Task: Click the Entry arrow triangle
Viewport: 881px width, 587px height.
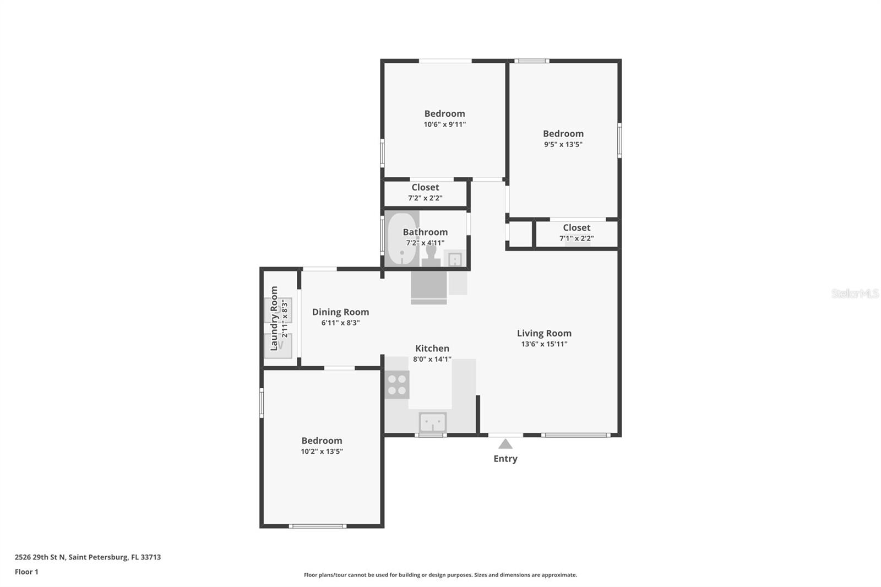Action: pos(505,444)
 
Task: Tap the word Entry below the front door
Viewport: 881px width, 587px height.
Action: pos(505,459)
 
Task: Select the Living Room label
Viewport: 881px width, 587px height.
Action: pos(544,333)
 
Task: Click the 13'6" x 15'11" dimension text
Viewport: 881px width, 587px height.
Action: pos(544,344)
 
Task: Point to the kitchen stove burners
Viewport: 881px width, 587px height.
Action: pos(397,385)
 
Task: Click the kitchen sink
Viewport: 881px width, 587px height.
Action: pos(433,422)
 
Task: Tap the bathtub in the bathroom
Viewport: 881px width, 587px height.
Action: pos(401,239)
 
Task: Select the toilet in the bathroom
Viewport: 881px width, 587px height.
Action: pos(431,256)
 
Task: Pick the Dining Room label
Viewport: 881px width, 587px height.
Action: pos(341,312)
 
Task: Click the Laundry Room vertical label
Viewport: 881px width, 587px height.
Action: pos(274,318)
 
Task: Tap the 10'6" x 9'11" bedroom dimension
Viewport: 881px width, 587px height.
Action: pos(444,124)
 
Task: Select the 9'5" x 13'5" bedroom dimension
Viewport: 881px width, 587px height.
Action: pos(563,144)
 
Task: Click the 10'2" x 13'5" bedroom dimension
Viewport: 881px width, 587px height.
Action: pos(322,452)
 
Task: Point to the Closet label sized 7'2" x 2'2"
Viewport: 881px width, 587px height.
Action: pos(425,187)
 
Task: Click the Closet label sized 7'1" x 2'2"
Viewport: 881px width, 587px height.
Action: pos(577,227)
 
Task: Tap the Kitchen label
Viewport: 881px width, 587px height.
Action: pos(432,348)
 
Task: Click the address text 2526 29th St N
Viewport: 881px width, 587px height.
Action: pos(40,557)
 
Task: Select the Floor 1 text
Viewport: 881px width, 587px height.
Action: pos(26,572)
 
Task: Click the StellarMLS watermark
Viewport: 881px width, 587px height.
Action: pos(855,293)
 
